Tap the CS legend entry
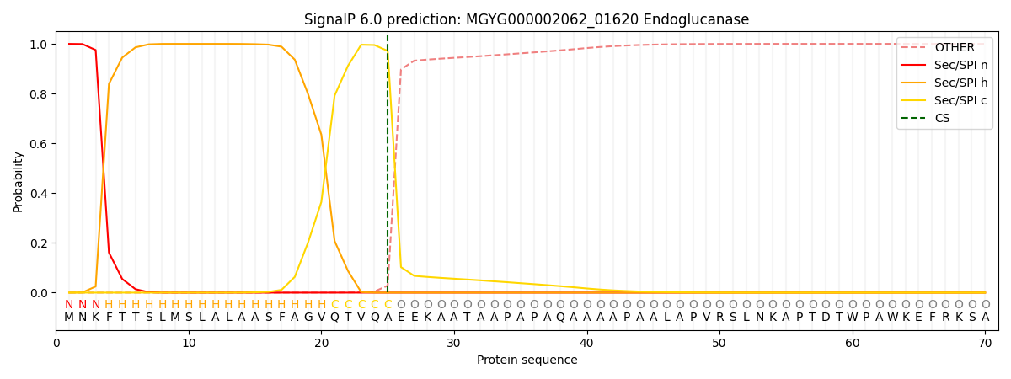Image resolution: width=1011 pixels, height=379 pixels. tap(942, 118)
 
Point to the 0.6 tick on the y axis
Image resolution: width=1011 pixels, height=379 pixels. tap(40, 144)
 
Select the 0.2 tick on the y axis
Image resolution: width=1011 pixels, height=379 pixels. tap(40, 243)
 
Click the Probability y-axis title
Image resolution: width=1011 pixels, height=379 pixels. tap(19, 181)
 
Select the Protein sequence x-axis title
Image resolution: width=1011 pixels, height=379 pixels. tap(527, 360)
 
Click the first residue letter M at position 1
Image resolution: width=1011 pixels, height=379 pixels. tap(69, 318)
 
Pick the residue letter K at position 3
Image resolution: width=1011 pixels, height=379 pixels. tap(95, 318)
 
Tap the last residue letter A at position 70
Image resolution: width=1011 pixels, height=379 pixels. tap(985, 318)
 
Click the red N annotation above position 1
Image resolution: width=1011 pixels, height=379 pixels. tap(69, 305)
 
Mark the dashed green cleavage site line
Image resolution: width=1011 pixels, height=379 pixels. tap(388, 168)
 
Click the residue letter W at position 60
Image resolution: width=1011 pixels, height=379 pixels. tap(853, 318)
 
